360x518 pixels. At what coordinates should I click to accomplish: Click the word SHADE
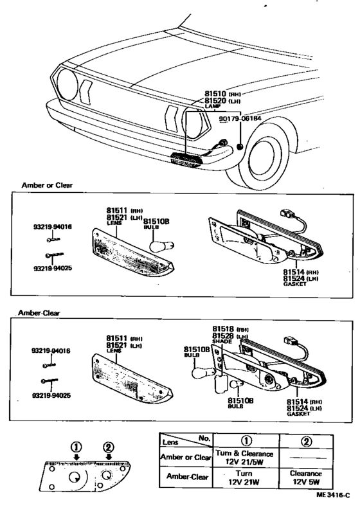click(x=221, y=342)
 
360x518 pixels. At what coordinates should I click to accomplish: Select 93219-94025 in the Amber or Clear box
click(x=53, y=267)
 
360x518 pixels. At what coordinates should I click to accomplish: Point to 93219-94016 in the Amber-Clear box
click(x=53, y=352)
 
